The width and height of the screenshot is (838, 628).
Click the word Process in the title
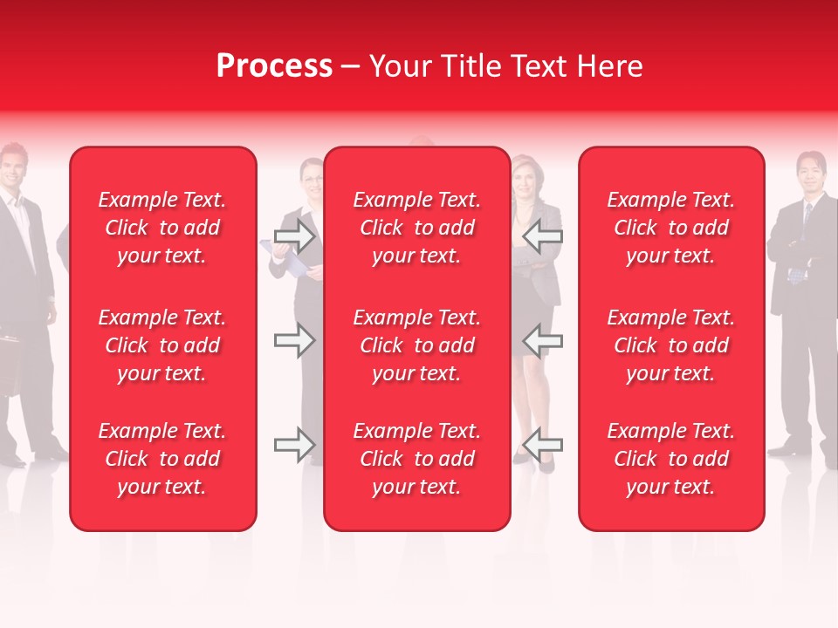tap(274, 66)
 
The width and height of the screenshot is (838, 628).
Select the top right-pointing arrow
tap(294, 235)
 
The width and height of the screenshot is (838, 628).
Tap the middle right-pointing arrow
tap(294, 340)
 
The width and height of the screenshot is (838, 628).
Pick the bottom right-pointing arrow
tap(294, 446)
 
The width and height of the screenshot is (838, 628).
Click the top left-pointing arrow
tap(542, 235)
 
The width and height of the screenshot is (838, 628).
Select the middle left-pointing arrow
tap(542, 340)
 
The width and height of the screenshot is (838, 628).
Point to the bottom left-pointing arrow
tap(542, 446)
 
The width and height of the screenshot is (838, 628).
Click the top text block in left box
tap(162, 228)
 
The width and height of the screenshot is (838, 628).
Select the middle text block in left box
tap(162, 345)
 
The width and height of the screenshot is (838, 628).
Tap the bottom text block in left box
tap(162, 459)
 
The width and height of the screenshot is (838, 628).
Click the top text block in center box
tap(417, 228)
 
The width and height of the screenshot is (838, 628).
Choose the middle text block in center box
tap(417, 345)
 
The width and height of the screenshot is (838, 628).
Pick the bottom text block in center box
tap(417, 459)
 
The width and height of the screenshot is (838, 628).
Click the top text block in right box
tap(671, 228)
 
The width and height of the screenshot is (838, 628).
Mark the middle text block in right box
tap(671, 345)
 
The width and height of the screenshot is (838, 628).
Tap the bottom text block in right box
tap(671, 459)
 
